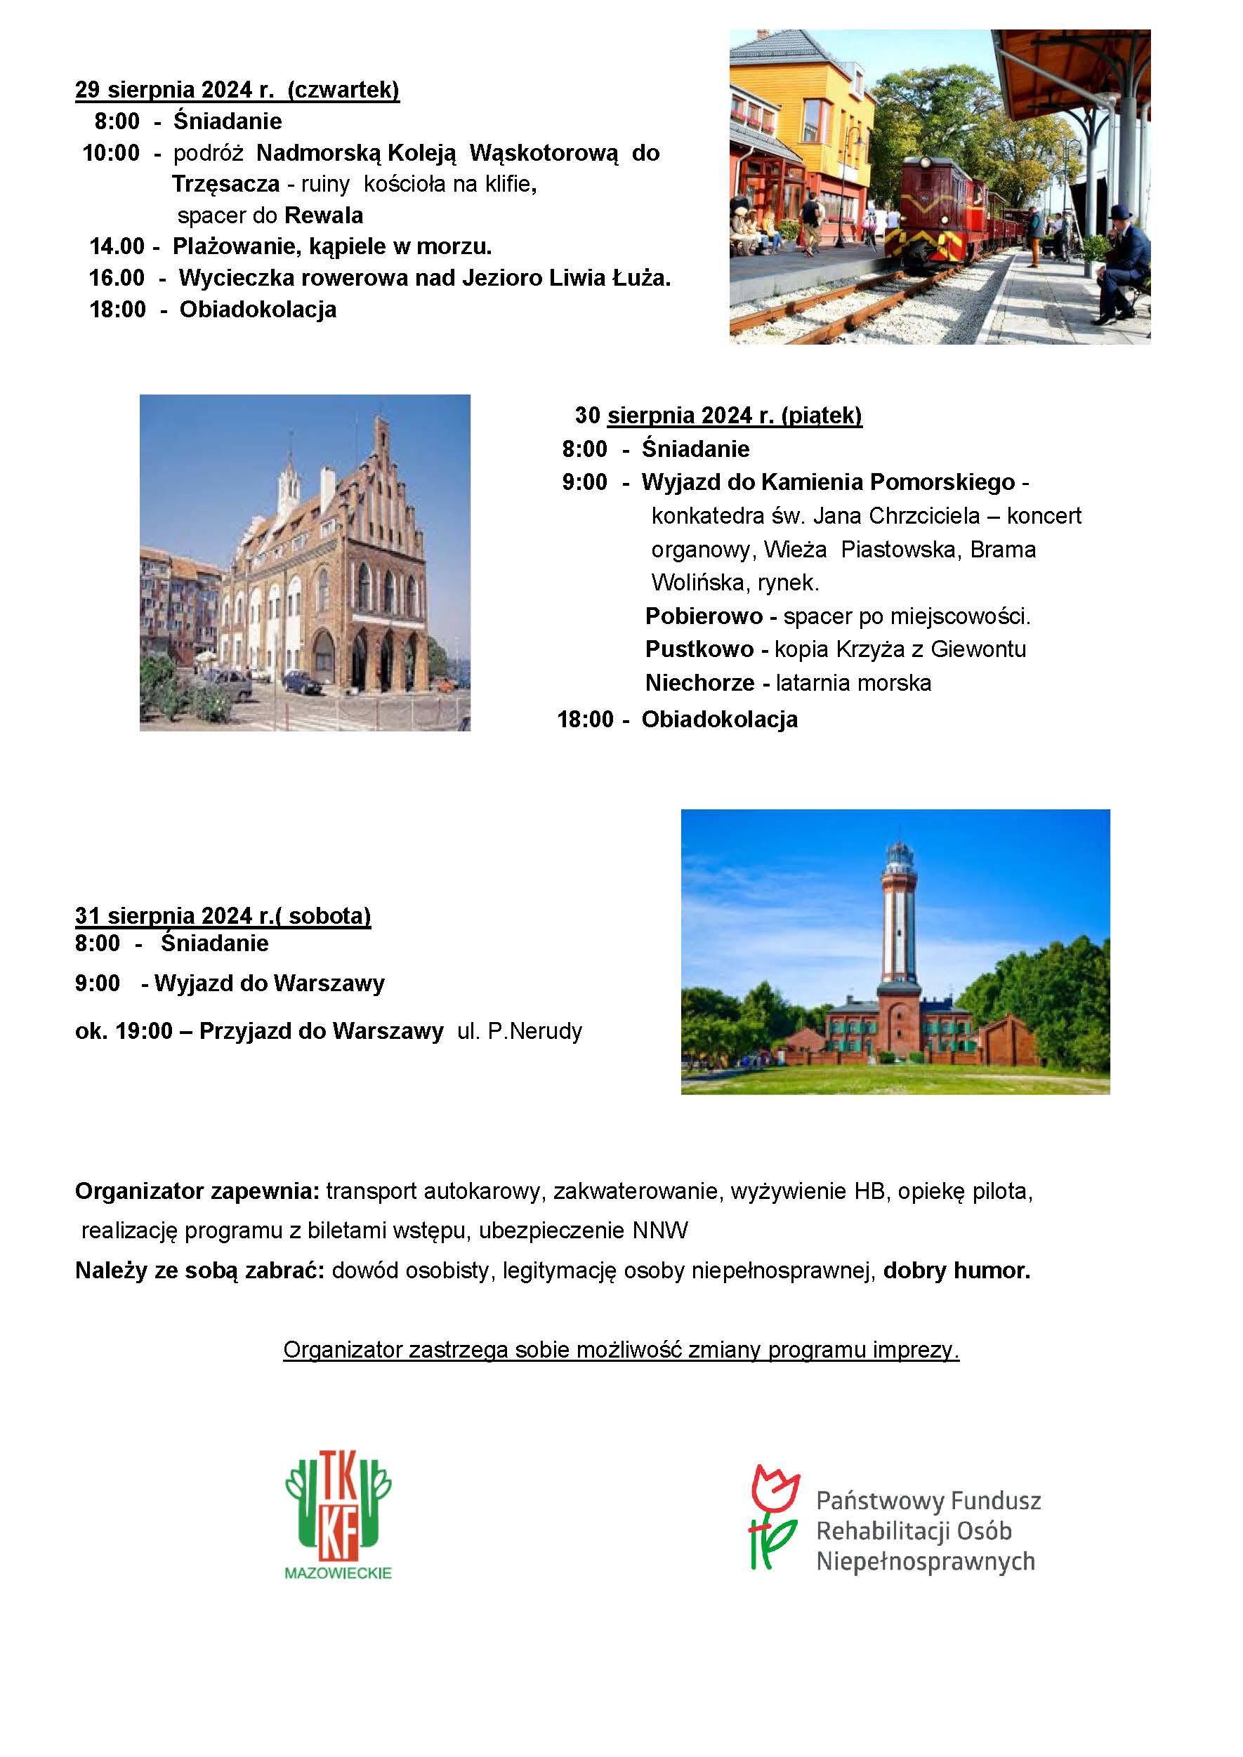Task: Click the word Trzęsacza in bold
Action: point(226,184)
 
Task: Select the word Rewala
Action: point(323,215)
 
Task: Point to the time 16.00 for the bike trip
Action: point(117,278)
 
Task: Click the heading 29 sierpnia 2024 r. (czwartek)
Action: point(237,90)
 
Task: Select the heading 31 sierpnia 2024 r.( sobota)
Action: point(223,915)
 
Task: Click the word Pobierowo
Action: point(704,616)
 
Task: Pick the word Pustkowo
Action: point(699,649)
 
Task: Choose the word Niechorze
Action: point(699,682)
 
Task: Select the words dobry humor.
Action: point(956,1271)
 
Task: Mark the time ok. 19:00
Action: point(123,1032)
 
